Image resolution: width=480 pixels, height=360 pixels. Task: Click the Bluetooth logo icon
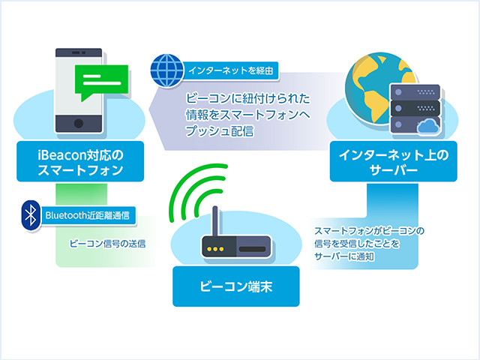tap(31, 215)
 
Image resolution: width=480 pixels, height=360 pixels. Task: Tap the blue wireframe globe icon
tap(166, 70)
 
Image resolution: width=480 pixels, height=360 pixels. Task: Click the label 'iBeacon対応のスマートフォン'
tap(80, 162)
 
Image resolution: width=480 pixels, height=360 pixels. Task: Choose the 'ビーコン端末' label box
tap(236, 286)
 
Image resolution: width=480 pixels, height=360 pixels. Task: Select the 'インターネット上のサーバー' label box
tap(393, 162)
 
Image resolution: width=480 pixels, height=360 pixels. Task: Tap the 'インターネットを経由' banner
tap(230, 70)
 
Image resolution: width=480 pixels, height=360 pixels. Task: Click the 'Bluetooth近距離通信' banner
tap(88, 215)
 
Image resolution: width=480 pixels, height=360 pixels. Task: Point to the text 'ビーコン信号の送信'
tap(107, 244)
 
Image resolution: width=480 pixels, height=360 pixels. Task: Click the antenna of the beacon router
tap(215, 221)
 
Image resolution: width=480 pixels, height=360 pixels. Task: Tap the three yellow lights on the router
tap(215, 249)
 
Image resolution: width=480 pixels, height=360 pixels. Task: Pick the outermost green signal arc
tap(187, 180)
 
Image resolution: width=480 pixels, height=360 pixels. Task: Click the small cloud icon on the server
tap(428, 126)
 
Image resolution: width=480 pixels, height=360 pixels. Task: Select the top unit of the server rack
tap(415, 91)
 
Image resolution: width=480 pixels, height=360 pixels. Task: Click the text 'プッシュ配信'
tap(220, 131)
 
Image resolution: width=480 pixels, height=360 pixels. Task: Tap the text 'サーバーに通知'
tap(344, 256)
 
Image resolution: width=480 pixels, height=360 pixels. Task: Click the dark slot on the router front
tap(252, 249)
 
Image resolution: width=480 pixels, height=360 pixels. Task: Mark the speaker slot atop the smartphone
tap(79, 53)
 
